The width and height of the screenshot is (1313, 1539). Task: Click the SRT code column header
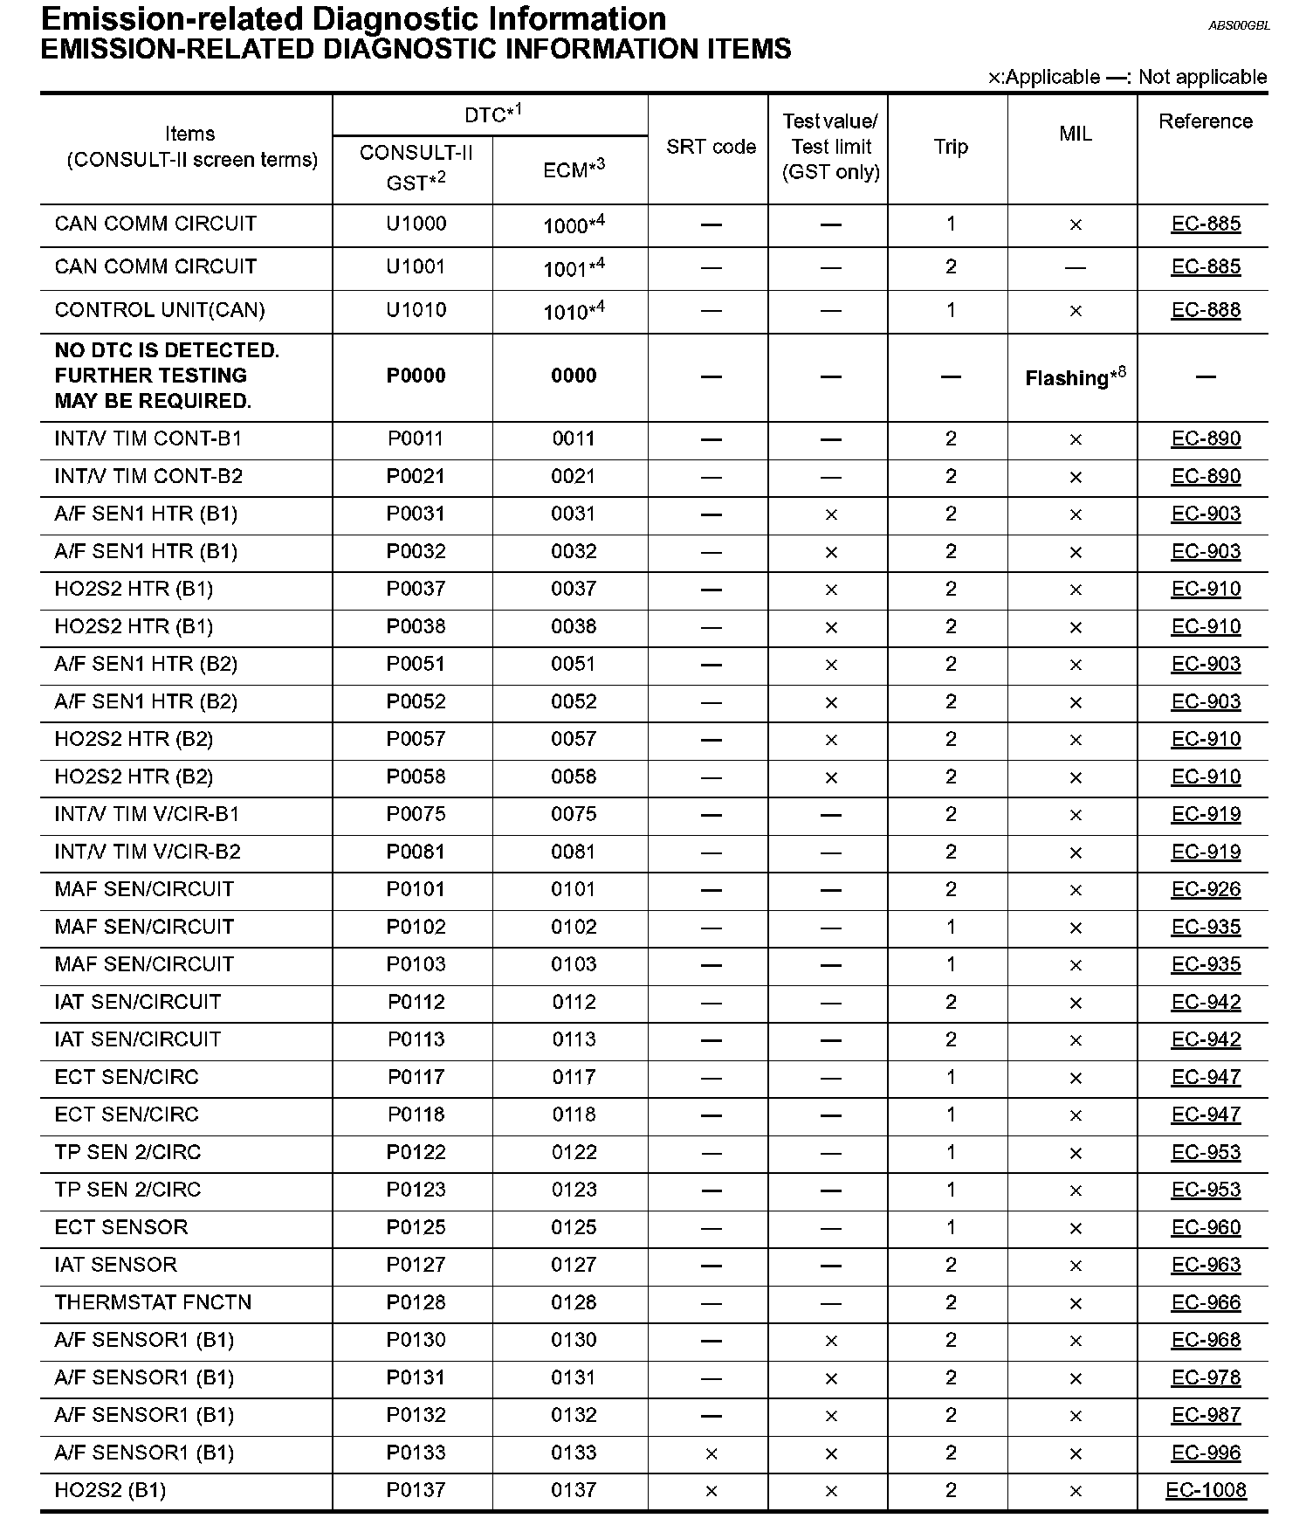pos(711,147)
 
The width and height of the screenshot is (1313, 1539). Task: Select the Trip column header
pos(950,147)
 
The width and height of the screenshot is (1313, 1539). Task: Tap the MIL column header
pos(1075,134)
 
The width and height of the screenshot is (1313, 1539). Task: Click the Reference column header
pos(1205,121)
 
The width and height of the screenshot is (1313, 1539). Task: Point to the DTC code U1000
pos(416,224)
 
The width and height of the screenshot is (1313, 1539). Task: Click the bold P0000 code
pos(416,376)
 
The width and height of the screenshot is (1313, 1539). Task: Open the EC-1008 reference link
pos(1205,1490)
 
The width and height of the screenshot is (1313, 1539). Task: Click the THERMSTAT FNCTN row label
pos(153,1302)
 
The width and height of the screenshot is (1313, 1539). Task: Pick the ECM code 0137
pos(574,1490)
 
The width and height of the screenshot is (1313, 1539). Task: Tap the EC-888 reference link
pos(1205,310)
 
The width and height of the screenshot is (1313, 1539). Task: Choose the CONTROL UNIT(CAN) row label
pos(160,310)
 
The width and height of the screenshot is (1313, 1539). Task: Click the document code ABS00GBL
pos(1238,26)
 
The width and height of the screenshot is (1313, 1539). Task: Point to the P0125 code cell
pos(416,1227)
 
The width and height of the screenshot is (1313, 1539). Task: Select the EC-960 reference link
pos(1205,1227)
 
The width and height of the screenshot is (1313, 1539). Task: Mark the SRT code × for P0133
pos(711,1453)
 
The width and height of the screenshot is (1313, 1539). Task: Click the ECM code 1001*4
pos(574,267)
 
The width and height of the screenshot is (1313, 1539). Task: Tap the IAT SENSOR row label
pos(115,1265)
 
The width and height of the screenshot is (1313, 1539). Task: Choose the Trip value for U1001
pos(950,266)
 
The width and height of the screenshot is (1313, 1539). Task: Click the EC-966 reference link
pos(1205,1302)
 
